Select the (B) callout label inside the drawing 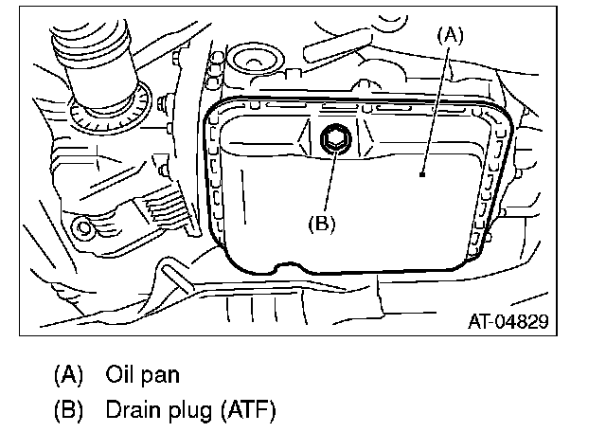[320, 225]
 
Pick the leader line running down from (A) [437, 104]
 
